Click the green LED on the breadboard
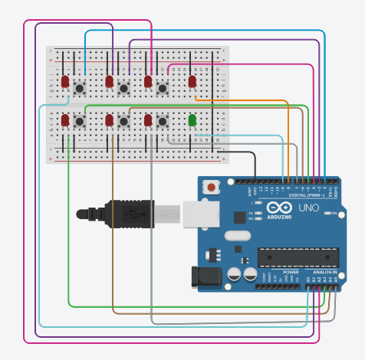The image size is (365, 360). click(x=192, y=119)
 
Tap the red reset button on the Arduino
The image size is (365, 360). click(x=211, y=186)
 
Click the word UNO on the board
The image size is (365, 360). click(x=308, y=208)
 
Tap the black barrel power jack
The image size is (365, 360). click(x=205, y=276)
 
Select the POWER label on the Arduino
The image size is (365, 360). click(x=291, y=272)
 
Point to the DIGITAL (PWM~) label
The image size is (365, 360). click(x=305, y=195)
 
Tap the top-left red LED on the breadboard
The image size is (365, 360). click(x=65, y=80)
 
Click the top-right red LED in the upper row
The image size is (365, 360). click(x=192, y=80)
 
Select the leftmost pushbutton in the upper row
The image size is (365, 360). click(x=80, y=90)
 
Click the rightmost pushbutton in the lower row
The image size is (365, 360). click(x=163, y=121)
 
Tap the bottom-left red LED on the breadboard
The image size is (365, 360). click(x=65, y=120)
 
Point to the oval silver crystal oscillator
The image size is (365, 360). click(x=238, y=236)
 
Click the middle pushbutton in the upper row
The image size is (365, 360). click(x=123, y=90)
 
